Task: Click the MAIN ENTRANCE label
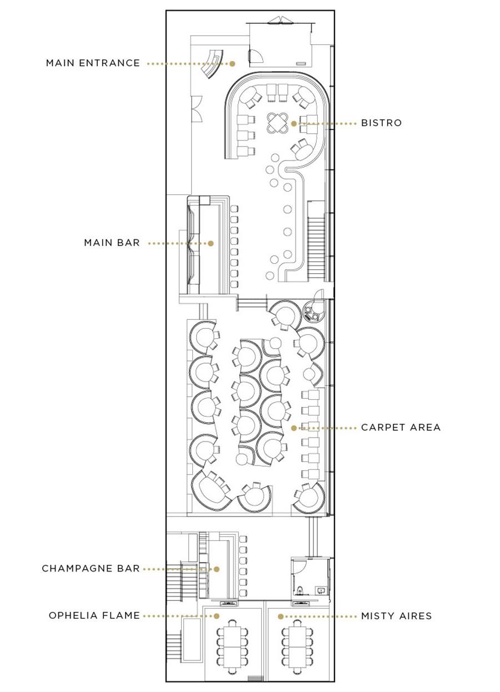tap(93, 63)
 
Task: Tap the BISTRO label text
tap(381, 123)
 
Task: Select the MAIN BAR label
tap(112, 243)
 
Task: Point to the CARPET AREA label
tap(401, 427)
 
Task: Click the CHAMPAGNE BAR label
tap(91, 569)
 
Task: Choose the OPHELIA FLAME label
tap(94, 615)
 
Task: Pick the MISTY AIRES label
tap(397, 616)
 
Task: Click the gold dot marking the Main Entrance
tap(232, 64)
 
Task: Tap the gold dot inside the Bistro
tap(294, 123)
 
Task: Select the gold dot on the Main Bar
tap(211, 243)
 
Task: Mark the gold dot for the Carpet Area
tap(294, 428)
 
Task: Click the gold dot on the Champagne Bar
tap(217, 569)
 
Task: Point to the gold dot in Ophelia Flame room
tap(217, 616)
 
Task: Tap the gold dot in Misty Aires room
tap(281, 616)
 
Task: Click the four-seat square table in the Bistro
tap(277, 123)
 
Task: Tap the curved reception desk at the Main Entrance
tap(213, 64)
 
